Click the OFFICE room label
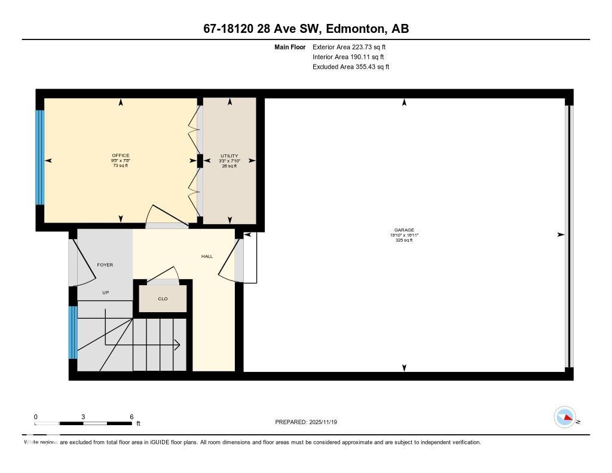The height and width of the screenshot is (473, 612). [x=121, y=155]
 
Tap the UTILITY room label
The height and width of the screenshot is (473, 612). [x=229, y=155]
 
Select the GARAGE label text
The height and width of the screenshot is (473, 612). [x=404, y=230]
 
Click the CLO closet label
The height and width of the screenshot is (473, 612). [x=163, y=298]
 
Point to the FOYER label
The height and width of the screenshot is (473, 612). [x=105, y=265]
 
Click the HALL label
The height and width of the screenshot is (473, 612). [x=207, y=257]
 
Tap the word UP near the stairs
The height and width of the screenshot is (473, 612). [x=106, y=293]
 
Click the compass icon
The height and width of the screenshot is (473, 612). [x=565, y=417]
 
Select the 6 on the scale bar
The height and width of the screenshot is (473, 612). [x=131, y=417]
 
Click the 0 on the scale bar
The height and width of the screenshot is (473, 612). [x=36, y=417]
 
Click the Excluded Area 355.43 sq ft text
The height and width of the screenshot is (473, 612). [x=351, y=67]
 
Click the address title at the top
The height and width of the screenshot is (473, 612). [x=305, y=29]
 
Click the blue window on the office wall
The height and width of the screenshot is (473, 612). [x=40, y=157]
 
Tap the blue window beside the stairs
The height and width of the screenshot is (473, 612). [x=73, y=332]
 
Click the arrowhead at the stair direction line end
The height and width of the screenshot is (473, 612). [x=178, y=344]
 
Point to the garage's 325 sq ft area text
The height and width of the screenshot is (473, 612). [x=404, y=240]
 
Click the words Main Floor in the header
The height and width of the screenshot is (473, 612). [x=289, y=47]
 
